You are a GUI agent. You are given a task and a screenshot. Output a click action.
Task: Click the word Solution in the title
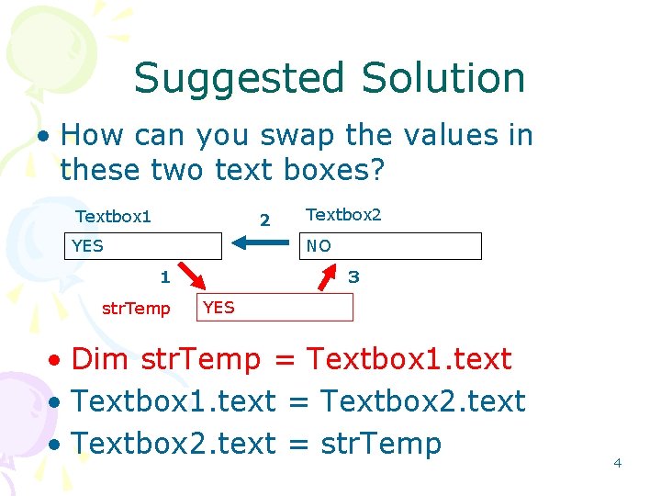click(x=443, y=79)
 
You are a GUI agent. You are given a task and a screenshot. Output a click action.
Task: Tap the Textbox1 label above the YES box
click(x=113, y=217)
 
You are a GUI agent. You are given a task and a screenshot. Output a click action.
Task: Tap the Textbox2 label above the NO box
click(x=342, y=215)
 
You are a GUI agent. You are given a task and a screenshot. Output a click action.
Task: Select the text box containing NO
click(x=390, y=246)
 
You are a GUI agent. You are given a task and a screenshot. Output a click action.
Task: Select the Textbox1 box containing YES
click(x=146, y=246)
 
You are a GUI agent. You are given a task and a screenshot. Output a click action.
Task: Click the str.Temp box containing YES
click(x=274, y=308)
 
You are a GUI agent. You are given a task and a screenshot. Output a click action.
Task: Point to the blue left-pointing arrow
click(x=260, y=243)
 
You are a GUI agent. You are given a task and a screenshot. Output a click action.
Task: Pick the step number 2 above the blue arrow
click(x=264, y=220)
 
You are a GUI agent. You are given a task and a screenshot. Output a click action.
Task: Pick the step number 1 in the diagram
click(x=164, y=276)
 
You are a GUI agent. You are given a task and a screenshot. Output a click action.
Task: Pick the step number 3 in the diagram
click(x=353, y=276)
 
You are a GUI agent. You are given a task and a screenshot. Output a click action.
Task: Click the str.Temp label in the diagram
click(x=136, y=309)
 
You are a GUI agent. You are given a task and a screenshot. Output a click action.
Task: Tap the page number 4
click(x=617, y=463)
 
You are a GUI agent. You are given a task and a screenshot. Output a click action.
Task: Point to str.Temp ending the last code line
click(x=380, y=444)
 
